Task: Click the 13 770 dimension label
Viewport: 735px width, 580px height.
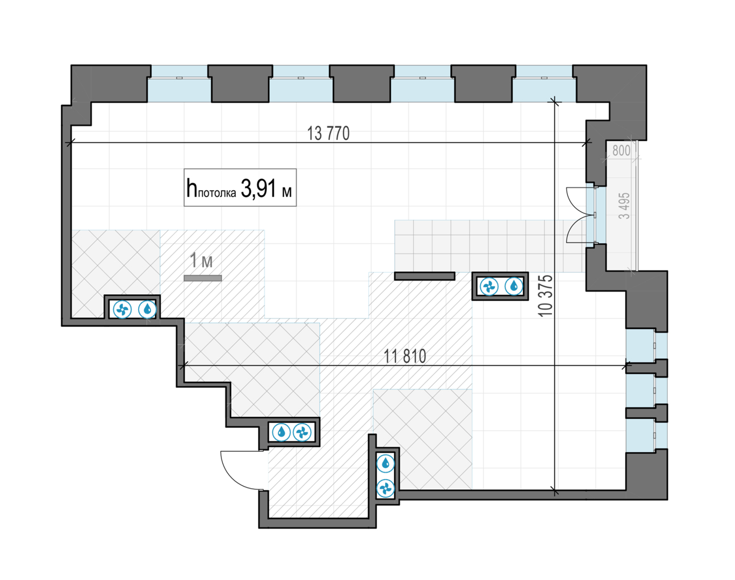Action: [328, 133]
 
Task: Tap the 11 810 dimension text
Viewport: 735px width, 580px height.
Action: [405, 356]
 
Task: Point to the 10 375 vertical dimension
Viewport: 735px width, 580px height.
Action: [545, 296]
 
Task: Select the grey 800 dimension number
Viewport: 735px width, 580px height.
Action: [621, 150]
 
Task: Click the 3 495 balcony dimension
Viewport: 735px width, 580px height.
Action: [624, 206]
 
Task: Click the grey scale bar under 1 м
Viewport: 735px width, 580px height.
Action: [203, 278]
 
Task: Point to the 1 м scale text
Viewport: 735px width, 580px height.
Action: [201, 260]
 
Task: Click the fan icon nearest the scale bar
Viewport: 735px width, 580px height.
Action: [122, 310]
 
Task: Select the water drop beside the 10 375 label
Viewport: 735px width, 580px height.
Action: [514, 286]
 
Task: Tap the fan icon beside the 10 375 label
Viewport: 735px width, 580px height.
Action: [489, 286]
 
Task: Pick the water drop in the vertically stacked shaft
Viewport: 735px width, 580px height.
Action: [385, 463]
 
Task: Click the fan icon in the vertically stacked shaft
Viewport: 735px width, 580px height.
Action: [385, 489]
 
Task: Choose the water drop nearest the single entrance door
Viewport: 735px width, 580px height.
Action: [282, 432]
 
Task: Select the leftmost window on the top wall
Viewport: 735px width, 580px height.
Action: [179, 84]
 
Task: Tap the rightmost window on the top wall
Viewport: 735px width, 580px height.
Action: [544, 84]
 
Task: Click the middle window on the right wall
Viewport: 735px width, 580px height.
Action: [646, 390]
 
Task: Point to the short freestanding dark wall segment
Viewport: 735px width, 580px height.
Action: [424, 276]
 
